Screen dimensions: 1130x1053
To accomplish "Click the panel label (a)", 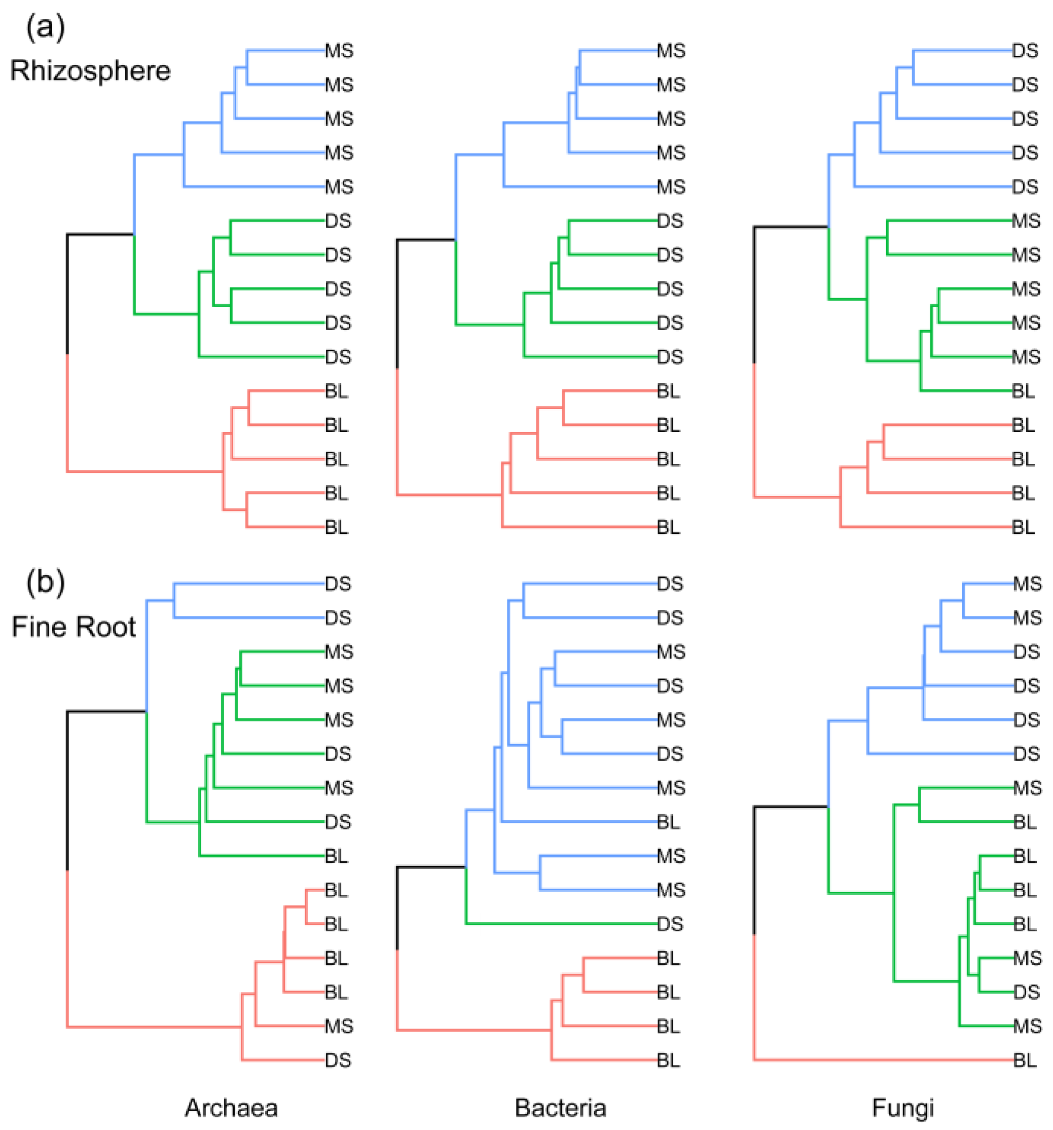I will [46, 27].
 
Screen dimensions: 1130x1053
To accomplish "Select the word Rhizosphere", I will [90, 71].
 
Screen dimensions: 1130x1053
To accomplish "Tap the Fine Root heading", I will [74, 627].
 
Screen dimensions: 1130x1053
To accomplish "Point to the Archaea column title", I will [231, 1108].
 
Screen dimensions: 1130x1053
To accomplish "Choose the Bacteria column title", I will [560, 1108].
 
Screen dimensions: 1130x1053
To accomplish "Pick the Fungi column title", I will [903, 1108].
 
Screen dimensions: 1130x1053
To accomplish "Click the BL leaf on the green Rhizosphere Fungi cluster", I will [1023, 391].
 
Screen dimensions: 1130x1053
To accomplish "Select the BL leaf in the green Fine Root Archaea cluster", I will [336, 855].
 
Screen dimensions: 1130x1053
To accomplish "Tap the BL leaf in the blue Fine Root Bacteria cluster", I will [668, 822].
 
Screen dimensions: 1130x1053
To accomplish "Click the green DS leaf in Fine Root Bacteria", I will [670, 924].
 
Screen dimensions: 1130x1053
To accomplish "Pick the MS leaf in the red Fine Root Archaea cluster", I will [339, 1026].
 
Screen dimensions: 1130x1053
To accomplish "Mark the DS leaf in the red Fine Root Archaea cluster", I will [338, 1060].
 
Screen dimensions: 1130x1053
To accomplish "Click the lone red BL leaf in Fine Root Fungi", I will [1025, 1060].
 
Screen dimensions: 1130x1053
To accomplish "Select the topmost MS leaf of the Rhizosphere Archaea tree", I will [339, 51].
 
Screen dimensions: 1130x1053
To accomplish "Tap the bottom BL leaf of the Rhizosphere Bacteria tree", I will [668, 527].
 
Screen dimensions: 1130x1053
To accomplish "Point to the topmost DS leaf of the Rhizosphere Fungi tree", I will [1025, 51].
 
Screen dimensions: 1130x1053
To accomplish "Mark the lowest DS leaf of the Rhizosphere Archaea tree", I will [338, 357].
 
